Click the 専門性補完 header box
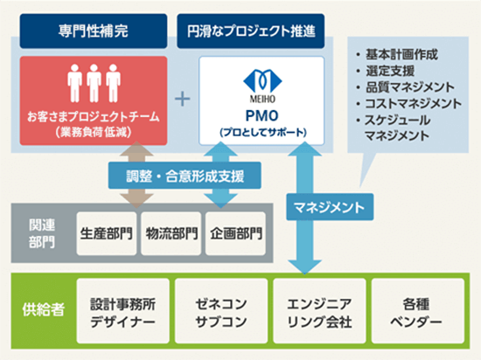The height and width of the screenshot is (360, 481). tap(94, 31)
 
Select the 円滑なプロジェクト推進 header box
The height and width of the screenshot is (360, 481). tap(251, 31)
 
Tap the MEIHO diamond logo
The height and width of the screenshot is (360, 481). tap(262, 81)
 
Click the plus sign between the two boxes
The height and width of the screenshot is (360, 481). tap(183, 99)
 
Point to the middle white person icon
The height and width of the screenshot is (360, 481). tap(94, 83)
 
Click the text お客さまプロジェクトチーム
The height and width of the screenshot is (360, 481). tap(94, 117)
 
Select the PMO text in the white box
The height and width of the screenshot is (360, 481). tap(262, 116)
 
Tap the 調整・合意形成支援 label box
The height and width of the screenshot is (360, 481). tap(185, 176)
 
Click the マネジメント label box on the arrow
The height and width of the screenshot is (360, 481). tap(330, 207)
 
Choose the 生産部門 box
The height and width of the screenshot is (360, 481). tap(107, 233)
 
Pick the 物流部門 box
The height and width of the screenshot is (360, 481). tap(171, 233)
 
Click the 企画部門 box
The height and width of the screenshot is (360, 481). tap(235, 233)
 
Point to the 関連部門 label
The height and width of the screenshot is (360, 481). tap(42, 233)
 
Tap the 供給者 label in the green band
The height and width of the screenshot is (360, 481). tap(43, 309)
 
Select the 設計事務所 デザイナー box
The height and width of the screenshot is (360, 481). tap(123, 311)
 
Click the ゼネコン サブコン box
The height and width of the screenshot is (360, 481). tap(221, 311)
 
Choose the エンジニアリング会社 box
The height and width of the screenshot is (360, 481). tap(319, 311)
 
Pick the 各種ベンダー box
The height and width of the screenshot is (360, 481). tap(417, 311)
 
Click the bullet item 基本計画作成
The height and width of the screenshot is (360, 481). tap(397, 55)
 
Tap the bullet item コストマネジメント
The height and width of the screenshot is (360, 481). tap(408, 104)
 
